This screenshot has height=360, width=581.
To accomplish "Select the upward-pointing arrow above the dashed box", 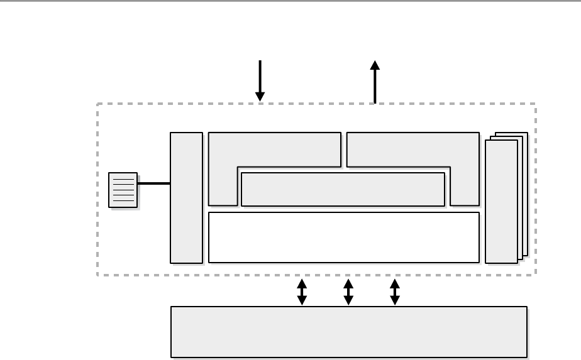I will (x=375, y=82).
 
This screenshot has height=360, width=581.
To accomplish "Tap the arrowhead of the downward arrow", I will (x=260, y=96).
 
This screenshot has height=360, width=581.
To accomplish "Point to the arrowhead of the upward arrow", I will (x=375, y=65).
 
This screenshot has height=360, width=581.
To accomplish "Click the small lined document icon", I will (x=123, y=189).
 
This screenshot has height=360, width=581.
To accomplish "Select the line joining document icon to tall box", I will (x=153, y=183).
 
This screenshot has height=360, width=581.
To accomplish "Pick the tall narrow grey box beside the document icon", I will (x=186, y=197).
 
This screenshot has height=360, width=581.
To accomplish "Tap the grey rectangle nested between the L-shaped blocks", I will (x=343, y=189).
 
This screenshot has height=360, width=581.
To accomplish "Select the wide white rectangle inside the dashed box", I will (x=343, y=237).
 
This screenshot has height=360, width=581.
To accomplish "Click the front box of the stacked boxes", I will (x=501, y=201).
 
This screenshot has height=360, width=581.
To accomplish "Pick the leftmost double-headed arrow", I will (x=302, y=292).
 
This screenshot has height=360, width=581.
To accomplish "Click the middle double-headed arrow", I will (x=348, y=292).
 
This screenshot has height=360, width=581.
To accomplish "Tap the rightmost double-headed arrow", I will (x=395, y=292).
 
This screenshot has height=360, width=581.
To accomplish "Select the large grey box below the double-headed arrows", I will (x=349, y=332).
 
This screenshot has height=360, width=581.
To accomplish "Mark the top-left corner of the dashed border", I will (x=97, y=104).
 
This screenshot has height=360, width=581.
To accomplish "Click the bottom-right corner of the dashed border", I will (x=535, y=275).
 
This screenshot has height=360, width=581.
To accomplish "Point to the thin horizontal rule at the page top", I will (x=290, y=1).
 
